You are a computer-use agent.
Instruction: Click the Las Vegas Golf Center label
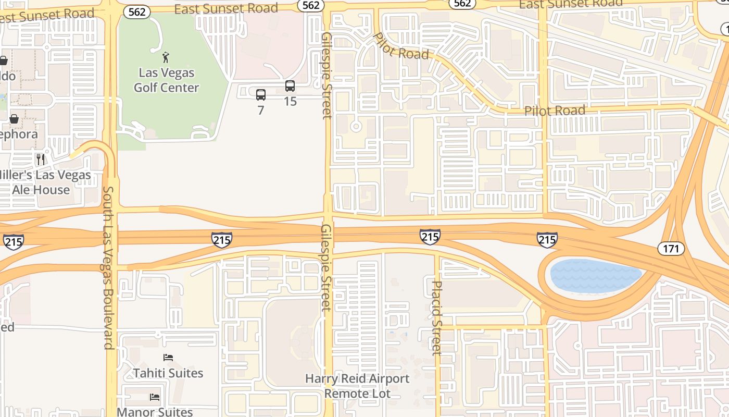[166, 80]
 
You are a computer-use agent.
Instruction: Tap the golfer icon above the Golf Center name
[166, 57]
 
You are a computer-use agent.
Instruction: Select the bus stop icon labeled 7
[261, 95]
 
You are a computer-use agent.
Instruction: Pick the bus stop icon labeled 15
[290, 86]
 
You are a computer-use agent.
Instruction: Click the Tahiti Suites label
[168, 373]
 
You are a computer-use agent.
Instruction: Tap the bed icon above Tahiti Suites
[168, 358]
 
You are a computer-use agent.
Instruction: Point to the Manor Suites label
[155, 412]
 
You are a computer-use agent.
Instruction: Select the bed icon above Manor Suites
[155, 397]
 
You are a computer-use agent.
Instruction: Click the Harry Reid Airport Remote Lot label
[357, 386]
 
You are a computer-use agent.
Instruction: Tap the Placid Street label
[437, 318]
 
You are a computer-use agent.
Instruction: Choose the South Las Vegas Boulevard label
[108, 267]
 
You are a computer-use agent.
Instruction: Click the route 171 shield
[671, 249]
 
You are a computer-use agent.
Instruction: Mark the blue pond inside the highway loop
[596, 275]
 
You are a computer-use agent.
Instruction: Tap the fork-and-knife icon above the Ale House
[41, 158]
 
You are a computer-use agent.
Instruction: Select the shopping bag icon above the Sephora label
[14, 119]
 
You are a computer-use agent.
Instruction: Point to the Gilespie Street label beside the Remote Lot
[326, 267]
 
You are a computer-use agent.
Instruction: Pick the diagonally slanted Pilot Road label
[401, 46]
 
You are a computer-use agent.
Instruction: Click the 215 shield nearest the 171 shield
[547, 239]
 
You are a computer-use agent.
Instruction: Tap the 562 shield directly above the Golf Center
[136, 11]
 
